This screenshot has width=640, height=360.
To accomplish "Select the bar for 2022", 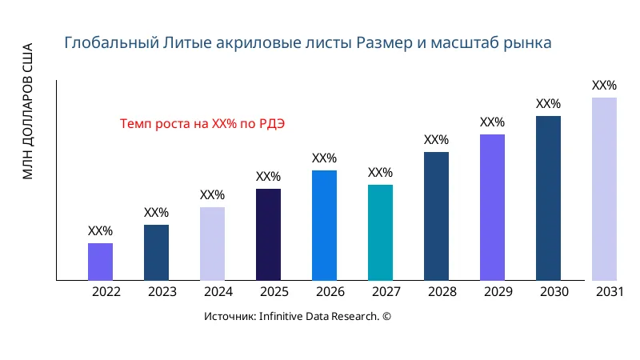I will [x=100, y=262].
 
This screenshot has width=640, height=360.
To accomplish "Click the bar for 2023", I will [x=156, y=253].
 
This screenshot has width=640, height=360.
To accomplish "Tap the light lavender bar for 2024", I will [x=212, y=244].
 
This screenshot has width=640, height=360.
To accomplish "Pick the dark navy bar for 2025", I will [x=268, y=234].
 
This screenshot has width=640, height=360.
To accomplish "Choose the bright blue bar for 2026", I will [x=324, y=226].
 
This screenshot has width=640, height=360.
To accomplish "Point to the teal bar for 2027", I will [x=380, y=233].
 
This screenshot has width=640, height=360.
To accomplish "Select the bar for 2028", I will [x=436, y=216].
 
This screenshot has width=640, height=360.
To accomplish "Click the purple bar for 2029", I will [x=492, y=207].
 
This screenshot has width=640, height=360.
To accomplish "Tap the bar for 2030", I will [x=548, y=198].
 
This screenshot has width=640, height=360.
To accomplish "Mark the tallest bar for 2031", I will [x=604, y=189].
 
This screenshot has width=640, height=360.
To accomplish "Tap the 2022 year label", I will [x=106, y=292].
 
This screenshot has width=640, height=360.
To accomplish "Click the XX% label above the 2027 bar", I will [x=380, y=173].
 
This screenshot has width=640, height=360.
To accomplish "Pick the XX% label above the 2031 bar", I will [x=604, y=86].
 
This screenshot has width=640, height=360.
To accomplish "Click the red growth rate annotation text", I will [x=202, y=124].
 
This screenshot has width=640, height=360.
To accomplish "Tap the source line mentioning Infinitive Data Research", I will [x=298, y=317].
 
